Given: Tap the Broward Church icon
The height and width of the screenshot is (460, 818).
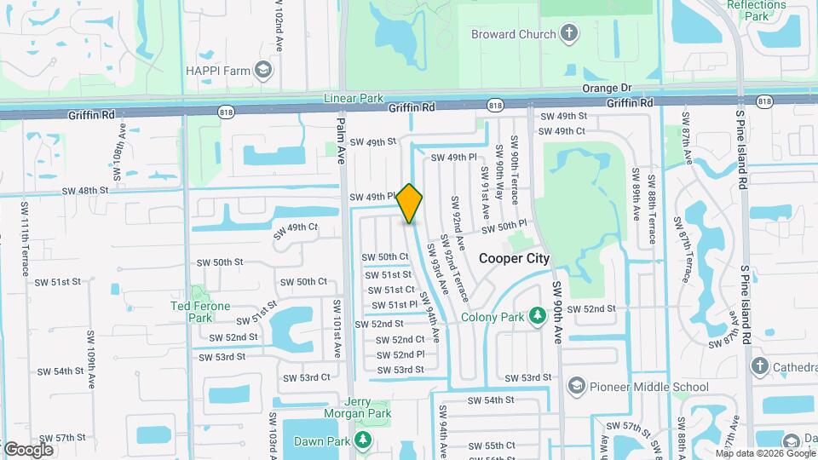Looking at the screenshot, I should click(x=568, y=34).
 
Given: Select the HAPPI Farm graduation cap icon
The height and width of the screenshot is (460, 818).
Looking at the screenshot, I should click(x=263, y=68).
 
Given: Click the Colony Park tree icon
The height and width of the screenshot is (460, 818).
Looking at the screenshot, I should click(x=537, y=317).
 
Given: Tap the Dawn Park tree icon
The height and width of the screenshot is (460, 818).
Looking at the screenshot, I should click(x=364, y=440).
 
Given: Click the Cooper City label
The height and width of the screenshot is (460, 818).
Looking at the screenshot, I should click(x=514, y=258).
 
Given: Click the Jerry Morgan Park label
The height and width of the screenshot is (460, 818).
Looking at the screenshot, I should click(x=356, y=408).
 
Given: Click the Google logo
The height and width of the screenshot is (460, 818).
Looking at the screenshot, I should click(x=28, y=449).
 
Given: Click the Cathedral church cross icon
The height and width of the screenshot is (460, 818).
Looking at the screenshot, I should click(x=760, y=365).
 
